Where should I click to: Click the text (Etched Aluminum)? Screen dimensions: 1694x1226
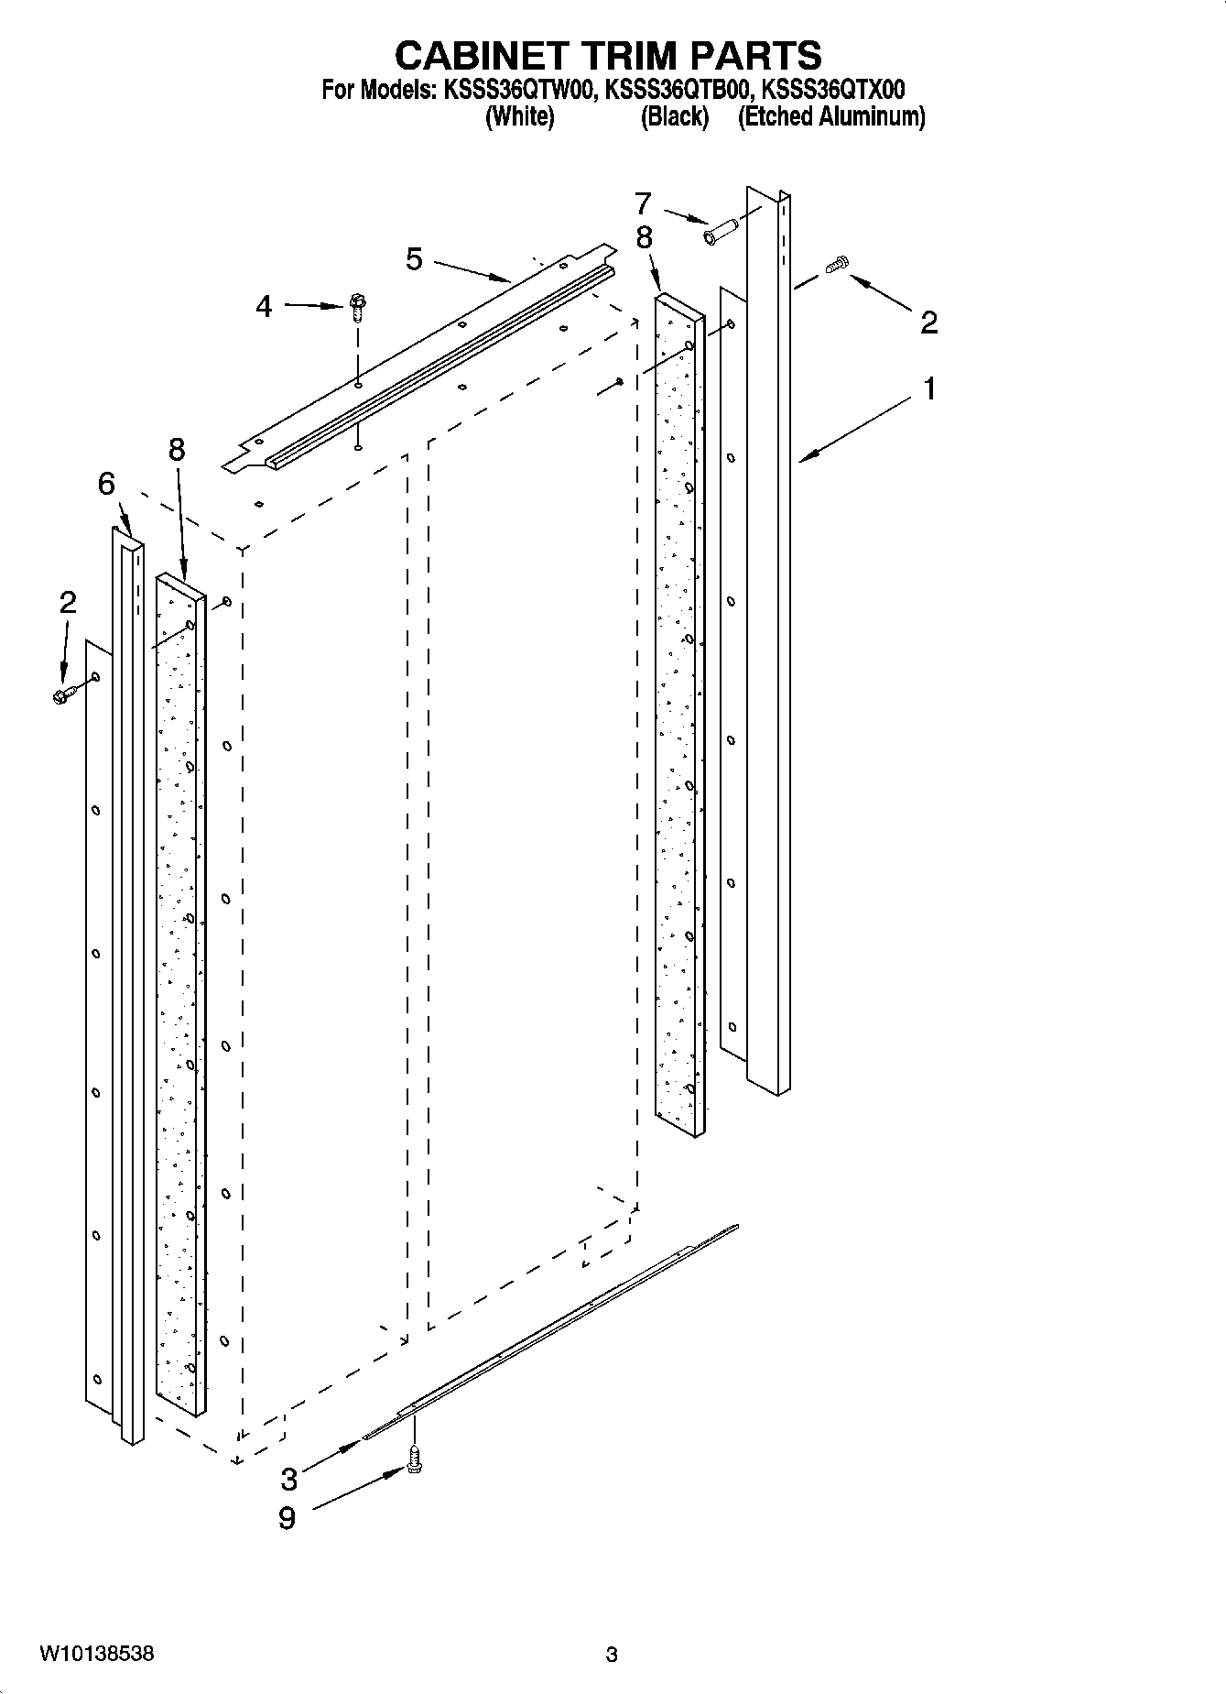coord(831,117)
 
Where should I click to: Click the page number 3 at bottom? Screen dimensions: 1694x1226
coord(612,1656)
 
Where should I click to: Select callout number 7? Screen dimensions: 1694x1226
coord(643,203)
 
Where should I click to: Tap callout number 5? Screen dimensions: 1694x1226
coord(415,259)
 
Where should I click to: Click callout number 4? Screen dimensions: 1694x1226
coord(264,306)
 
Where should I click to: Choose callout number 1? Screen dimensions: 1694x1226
coord(929,389)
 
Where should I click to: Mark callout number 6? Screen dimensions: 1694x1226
coord(107,484)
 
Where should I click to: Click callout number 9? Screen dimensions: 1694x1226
coord(287,1519)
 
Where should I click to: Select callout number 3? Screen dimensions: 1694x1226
coord(288,1478)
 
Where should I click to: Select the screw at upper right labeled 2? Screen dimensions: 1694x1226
coord(836,266)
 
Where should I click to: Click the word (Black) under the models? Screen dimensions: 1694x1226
coord(675,117)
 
